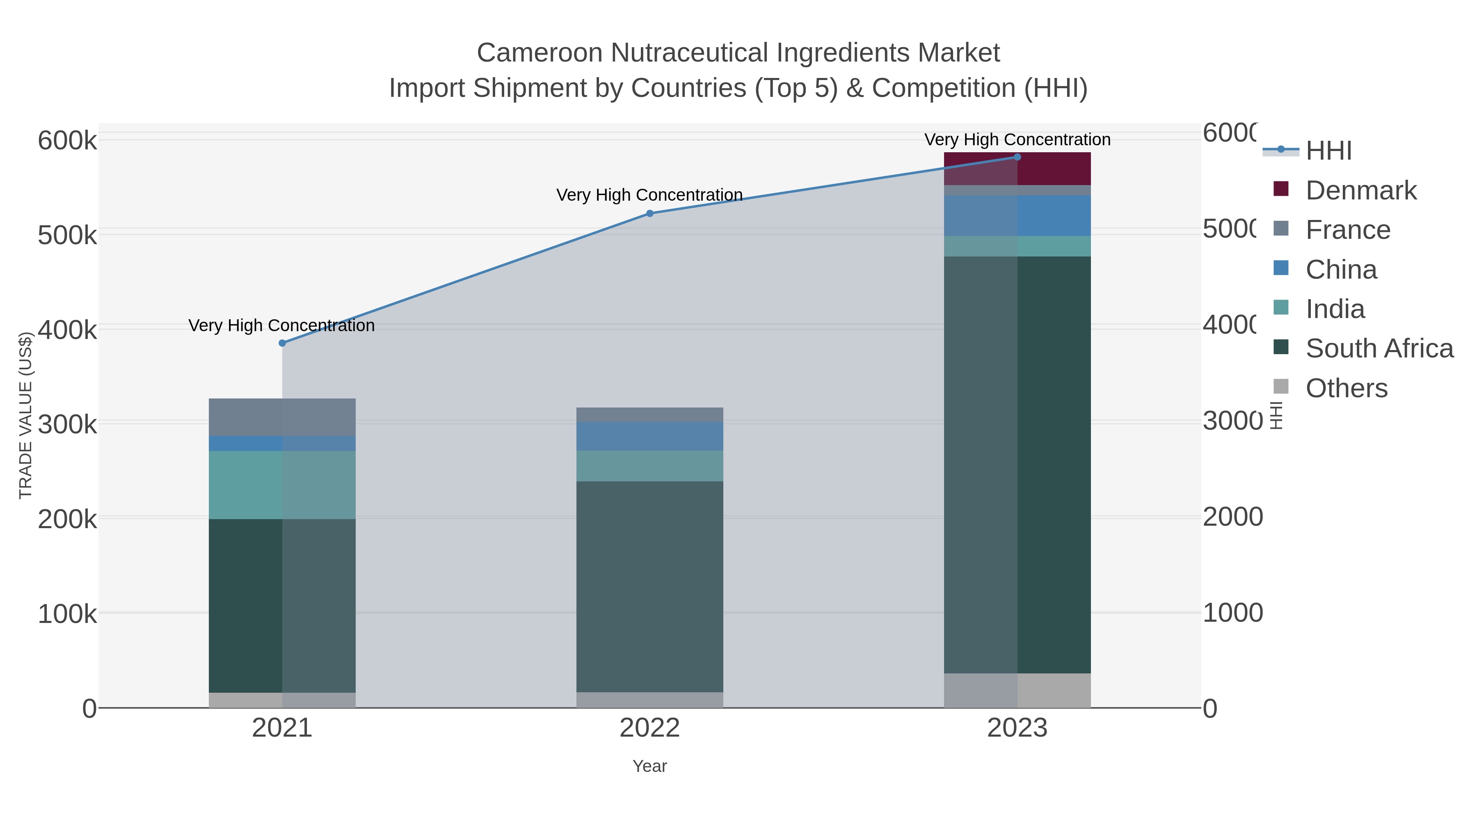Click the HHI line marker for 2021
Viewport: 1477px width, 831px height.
[x=282, y=343]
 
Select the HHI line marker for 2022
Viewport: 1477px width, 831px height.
[x=649, y=213]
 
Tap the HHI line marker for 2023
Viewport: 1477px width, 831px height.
[x=1017, y=157]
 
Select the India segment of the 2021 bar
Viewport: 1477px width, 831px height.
[x=282, y=485]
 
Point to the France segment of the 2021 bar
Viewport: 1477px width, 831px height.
[x=282, y=417]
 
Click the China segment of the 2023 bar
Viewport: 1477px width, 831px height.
[x=1017, y=215]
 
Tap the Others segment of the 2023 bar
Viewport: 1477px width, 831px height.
[x=1017, y=691]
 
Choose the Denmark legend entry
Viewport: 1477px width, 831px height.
[x=1360, y=190]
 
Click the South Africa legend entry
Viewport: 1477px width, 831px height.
[x=1379, y=349]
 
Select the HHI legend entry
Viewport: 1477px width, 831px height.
[x=1328, y=151]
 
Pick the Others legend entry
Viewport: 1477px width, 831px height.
[x=1346, y=388]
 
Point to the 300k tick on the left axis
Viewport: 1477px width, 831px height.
[x=67, y=424]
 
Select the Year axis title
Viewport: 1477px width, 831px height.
[x=649, y=766]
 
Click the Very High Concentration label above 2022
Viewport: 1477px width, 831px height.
[x=649, y=195]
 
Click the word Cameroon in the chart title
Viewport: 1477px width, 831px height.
[x=540, y=53]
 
